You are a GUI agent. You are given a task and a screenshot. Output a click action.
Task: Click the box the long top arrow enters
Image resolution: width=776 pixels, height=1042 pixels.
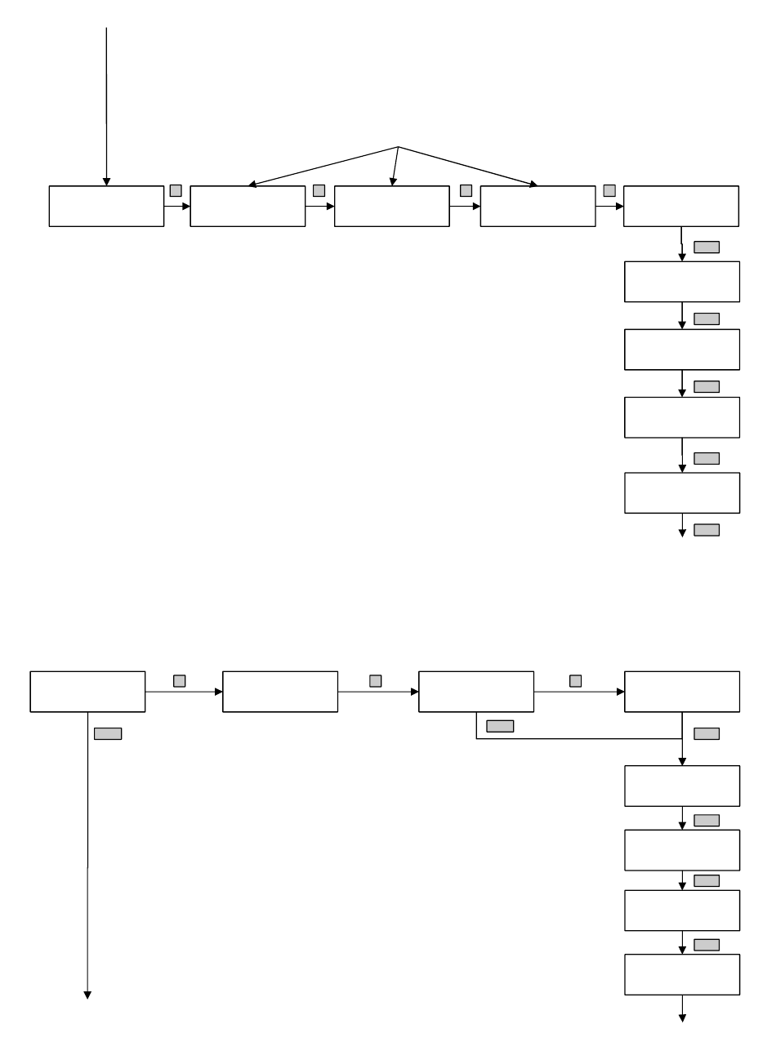tap(106, 206)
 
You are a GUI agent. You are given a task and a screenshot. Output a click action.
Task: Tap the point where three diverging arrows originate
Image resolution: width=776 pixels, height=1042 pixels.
tap(398, 147)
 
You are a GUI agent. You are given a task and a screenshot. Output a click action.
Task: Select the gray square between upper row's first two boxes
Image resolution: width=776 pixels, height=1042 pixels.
tap(176, 190)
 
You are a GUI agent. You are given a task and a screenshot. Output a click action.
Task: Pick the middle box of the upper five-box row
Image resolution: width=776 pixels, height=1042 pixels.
tap(391, 206)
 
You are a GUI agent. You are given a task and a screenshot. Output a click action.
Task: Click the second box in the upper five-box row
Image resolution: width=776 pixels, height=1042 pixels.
tap(248, 206)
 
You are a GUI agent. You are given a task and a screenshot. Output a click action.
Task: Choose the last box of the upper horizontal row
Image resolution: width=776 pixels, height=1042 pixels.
tap(681, 206)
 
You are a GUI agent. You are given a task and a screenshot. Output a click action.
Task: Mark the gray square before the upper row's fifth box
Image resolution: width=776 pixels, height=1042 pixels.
tap(609, 190)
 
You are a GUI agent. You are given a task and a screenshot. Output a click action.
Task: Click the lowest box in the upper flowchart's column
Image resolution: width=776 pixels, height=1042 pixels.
tap(681, 492)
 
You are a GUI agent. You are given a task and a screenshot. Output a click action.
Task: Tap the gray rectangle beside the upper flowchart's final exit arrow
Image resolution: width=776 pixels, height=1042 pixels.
tap(707, 530)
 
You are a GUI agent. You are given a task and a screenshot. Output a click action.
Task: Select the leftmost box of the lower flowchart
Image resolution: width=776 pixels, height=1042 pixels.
tap(87, 692)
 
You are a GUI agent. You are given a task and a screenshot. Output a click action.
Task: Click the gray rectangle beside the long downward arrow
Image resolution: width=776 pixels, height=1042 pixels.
tap(108, 733)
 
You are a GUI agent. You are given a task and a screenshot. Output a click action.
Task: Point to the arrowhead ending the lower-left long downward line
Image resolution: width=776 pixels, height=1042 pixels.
tap(87, 995)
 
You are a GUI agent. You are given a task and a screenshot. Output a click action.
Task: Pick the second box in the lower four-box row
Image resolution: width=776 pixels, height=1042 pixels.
tap(280, 692)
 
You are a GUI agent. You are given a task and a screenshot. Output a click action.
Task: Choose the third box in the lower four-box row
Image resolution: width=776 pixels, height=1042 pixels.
tap(475, 692)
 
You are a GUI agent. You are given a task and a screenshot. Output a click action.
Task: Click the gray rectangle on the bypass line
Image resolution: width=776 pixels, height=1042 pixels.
tap(500, 726)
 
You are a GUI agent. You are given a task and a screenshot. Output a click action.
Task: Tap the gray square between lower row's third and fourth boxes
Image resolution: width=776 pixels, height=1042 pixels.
tap(575, 680)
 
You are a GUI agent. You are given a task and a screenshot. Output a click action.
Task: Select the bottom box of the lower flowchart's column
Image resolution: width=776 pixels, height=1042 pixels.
tap(681, 974)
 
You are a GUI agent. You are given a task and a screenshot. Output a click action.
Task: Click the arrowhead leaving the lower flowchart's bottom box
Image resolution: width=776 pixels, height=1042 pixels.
tap(682, 1018)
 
